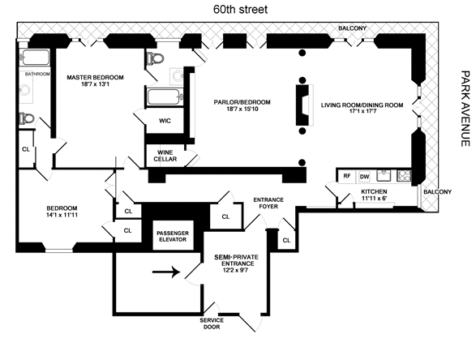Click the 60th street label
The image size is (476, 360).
(240, 10)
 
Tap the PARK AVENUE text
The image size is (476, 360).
(465, 109)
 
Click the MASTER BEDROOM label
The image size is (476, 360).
(95, 77)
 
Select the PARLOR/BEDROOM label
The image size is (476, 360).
(242, 102)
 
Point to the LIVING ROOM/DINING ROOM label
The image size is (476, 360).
(362, 105)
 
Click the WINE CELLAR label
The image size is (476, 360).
(165, 156)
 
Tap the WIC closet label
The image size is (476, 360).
(165, 121)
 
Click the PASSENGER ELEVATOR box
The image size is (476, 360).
(173, 236)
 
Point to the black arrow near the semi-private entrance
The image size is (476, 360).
(166, 272)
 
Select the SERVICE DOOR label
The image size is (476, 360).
(212, 324)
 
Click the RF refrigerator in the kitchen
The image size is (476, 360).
(347, 176)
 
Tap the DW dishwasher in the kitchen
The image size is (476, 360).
(365, 177)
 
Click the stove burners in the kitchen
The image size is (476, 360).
(404, 176)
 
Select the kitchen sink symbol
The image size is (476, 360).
(384, 175)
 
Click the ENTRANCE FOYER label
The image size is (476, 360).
(268, 203)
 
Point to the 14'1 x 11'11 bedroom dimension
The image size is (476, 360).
(62, 215)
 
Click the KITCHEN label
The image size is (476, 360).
(374, 192)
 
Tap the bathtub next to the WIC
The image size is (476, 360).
(165, 97)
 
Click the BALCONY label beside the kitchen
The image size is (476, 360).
(437, 192)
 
